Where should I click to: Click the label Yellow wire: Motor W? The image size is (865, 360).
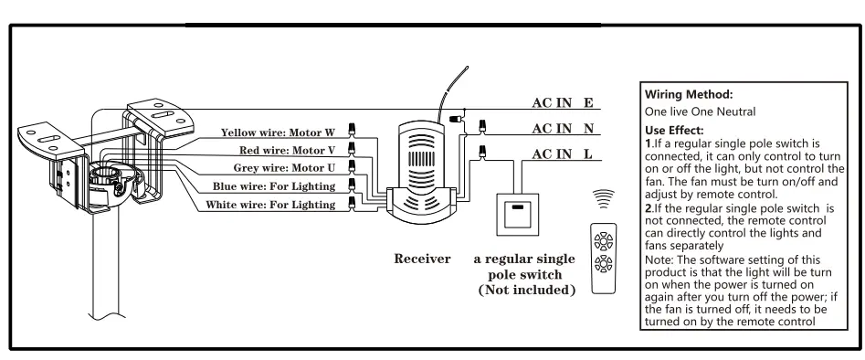click(277, 132)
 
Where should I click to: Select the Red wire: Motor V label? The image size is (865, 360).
click(287, 150)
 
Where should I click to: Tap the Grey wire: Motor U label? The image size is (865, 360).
click(284, 168)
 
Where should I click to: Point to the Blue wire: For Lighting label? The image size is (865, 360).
click(273, 186)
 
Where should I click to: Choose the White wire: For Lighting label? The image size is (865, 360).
click(269, 205)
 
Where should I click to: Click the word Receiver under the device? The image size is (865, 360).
click(422, 259)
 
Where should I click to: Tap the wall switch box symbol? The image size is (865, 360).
click(519, 217)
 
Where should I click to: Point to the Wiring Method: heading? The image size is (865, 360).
click(689, 94)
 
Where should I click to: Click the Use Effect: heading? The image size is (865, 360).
click(675, 131)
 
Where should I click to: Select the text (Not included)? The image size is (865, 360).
click(527, 290)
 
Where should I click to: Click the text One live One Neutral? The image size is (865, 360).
click(700, 111)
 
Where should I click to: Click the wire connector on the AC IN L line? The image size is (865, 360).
click(482, 152)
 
